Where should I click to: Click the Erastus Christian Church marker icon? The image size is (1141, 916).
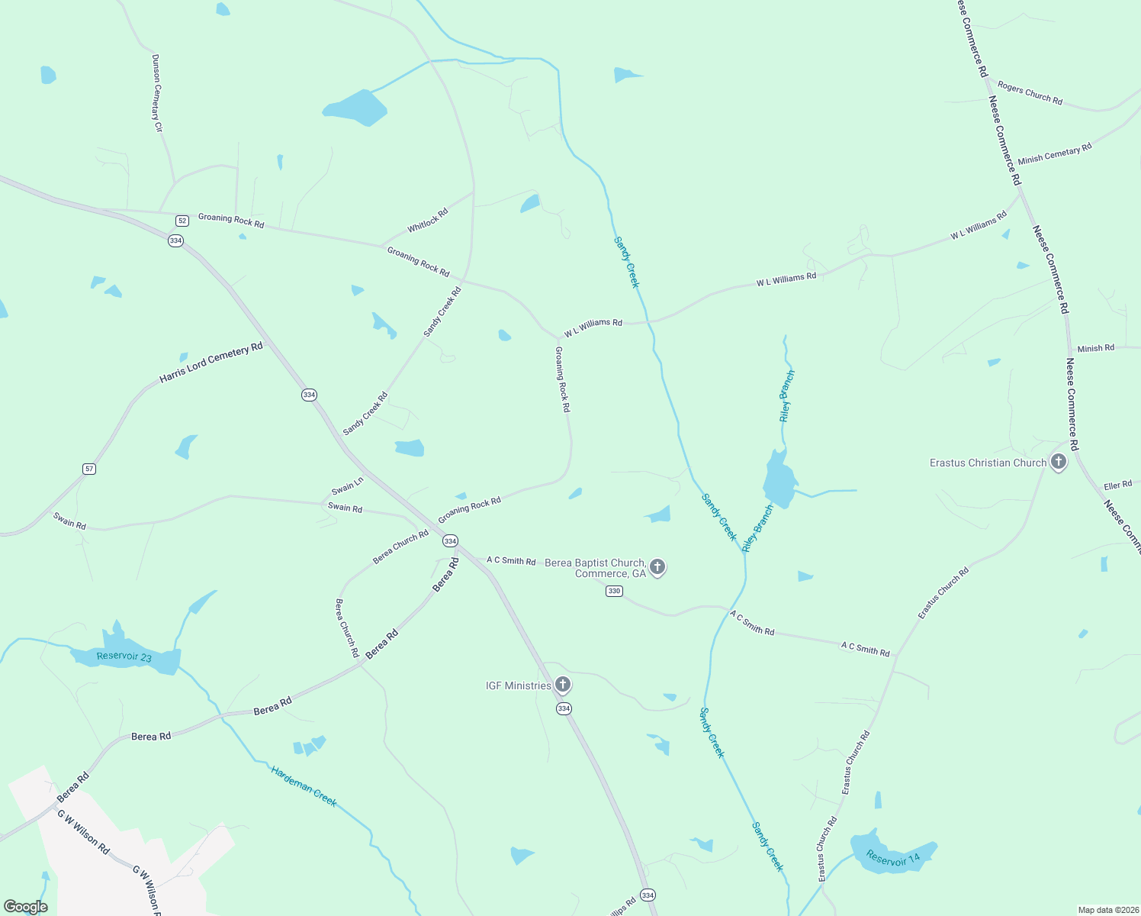click(x=1058, y=461)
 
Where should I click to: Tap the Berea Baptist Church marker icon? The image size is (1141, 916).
click(x=657, y=567)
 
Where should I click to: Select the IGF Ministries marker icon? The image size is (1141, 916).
click(x=563, y=684)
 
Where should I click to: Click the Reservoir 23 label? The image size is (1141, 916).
click(x=124, y=656)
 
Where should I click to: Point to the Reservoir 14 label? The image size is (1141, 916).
click(x=893, y=859)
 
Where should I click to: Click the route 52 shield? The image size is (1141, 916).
click(x=182, y=221)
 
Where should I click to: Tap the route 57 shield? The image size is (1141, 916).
click(x=89, y=469)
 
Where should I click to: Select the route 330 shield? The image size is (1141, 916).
click(x=615, y=591)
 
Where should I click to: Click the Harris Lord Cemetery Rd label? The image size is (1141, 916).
click(x=211, y=362)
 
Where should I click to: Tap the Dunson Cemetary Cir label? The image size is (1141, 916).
click(x=157, y=93)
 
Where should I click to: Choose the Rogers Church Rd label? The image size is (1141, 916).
click(x=1030, y=93)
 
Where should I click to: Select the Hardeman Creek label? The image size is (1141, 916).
click(x=304, y=785)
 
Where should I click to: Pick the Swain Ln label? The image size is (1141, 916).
click(x=347, y=486)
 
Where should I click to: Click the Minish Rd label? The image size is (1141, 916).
click(x=1095, y=348)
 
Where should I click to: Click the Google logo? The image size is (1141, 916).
click(x=25, y=907)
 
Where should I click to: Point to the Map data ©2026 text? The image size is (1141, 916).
click(x=1107, y=910)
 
